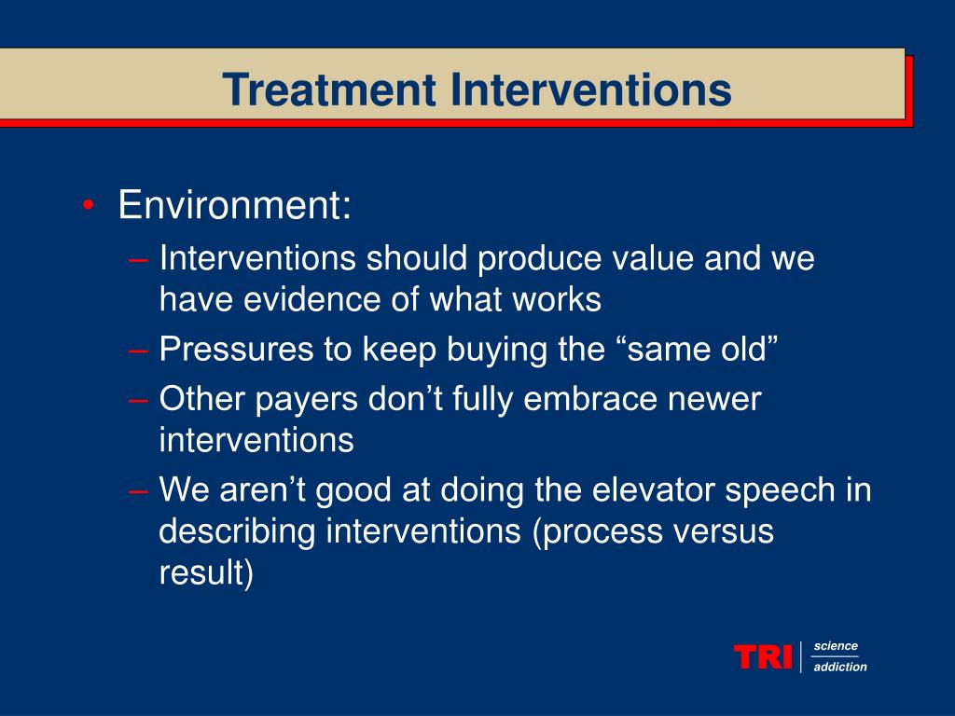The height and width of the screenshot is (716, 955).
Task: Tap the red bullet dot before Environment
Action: pyautogui.click(x=88, y=207)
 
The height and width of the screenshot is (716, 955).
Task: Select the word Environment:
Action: pyautogui.click(x=235, y=206)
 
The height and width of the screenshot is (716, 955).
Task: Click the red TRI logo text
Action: pyautogui.click(x=763, y=656)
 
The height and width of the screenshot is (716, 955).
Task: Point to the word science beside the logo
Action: pyautogui.click(x=836, y=646)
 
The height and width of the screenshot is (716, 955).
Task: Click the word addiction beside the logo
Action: pyautogui.click(x=840, y=667)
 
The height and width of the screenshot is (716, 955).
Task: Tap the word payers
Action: pyautogui.click(x=309, y=399)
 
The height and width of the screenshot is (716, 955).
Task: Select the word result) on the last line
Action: pyautogui.click(x=206, y=573)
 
